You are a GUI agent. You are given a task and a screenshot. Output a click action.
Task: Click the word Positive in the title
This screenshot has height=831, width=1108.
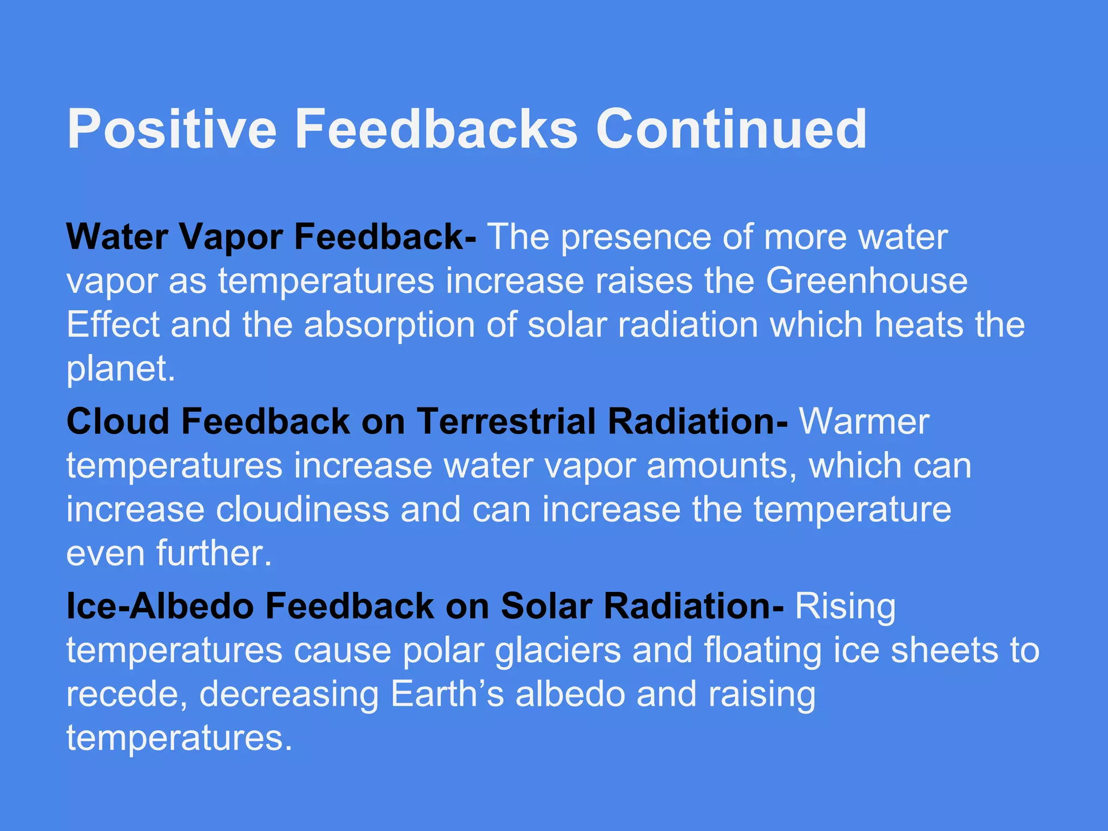point(172,130)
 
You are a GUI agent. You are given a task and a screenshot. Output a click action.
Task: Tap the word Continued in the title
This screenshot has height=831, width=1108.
point(731,130)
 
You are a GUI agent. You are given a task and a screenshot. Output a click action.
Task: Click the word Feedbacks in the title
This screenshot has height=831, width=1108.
point(436,130)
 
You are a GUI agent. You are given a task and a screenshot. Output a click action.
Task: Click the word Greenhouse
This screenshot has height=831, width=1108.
point(867,281)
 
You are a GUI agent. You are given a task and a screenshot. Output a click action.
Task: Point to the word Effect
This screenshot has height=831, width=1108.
point(113,325)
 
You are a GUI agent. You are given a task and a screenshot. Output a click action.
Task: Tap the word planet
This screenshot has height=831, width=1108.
point(120,370)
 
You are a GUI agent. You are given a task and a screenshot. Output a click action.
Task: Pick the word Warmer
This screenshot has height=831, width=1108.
point(864,421)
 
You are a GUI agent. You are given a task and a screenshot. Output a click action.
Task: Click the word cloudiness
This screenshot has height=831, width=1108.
point(302,510)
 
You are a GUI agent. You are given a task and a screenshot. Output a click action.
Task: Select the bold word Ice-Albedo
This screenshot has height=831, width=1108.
point(160,606)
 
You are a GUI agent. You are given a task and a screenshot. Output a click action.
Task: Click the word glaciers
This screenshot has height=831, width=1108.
point(558,651)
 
